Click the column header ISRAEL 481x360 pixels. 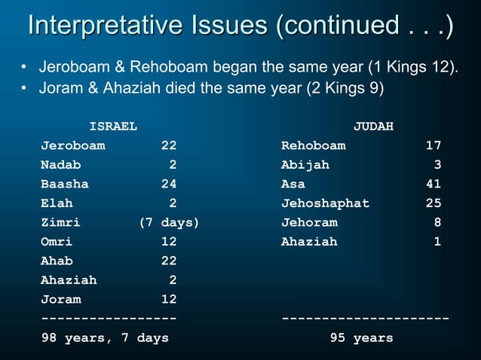coord(113,126)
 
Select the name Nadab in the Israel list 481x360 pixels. coord(61,164)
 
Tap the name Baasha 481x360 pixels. coord(65,184)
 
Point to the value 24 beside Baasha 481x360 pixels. coord(168,184)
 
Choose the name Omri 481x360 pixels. coord(57,242)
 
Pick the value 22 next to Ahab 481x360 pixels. coord(168,261)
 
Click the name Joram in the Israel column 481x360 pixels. coord(61,300)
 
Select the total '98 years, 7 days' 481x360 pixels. coord(105,338)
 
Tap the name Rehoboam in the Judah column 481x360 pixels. coord(313,145)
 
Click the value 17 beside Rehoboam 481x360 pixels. coord(433,145)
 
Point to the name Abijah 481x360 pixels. coord(305,164)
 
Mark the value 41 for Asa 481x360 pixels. coord(433,184)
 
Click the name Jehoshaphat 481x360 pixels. coord(325,203)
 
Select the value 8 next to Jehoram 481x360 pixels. coord(437,223)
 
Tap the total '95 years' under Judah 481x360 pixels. coord(361,338)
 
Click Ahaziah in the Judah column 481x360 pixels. coord(309,242)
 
